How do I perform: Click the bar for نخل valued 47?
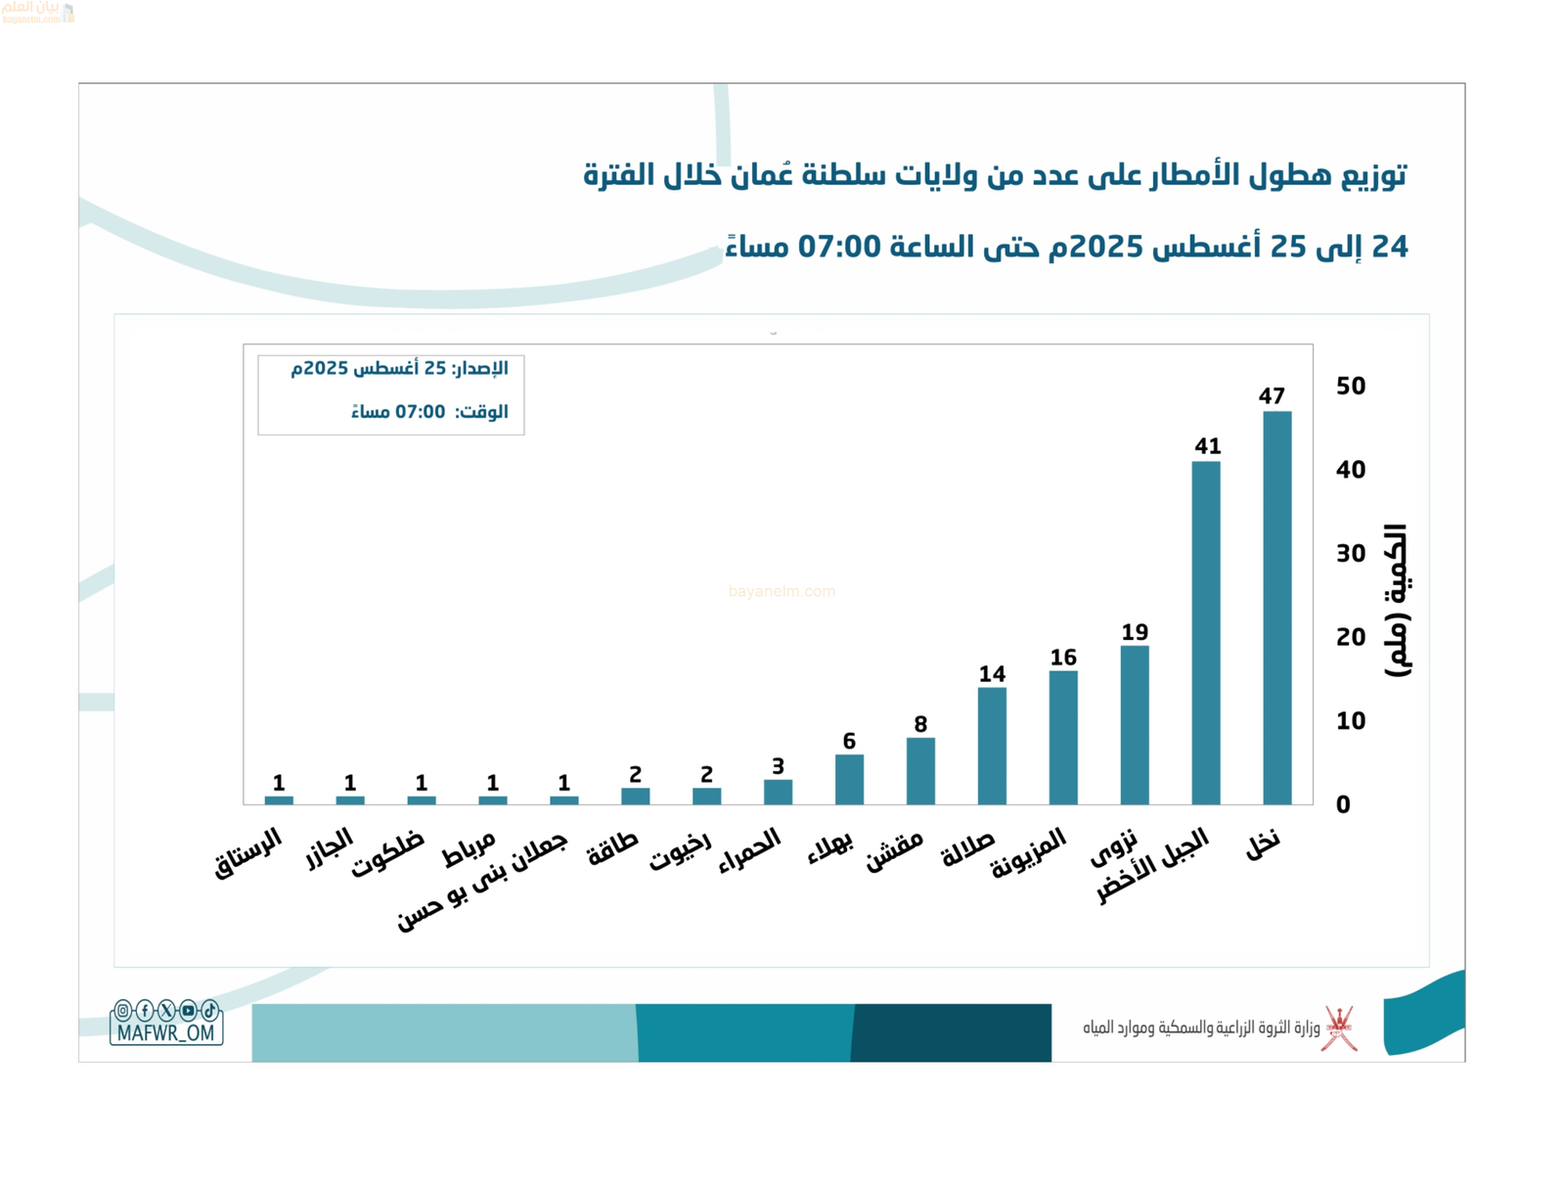point(1276,607)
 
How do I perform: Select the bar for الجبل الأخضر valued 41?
point(1205,632)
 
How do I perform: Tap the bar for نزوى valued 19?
point(1134,724)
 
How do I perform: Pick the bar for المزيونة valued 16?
point(1063,737)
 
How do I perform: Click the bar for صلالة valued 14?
point(992,746)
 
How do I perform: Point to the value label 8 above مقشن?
point(920,724)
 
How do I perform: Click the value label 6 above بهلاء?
point(849,741)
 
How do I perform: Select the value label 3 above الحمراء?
point(778,766)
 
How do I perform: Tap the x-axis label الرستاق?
point(248,852)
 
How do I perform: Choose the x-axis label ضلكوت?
point(388,853)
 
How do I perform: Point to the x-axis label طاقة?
point(612,848)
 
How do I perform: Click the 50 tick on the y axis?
point(1351,386)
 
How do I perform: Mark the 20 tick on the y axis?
point(1351,637)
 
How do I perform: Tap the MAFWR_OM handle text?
point(165,1032)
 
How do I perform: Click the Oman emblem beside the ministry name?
point(1339,1028)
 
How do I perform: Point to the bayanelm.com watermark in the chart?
point(782,591)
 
